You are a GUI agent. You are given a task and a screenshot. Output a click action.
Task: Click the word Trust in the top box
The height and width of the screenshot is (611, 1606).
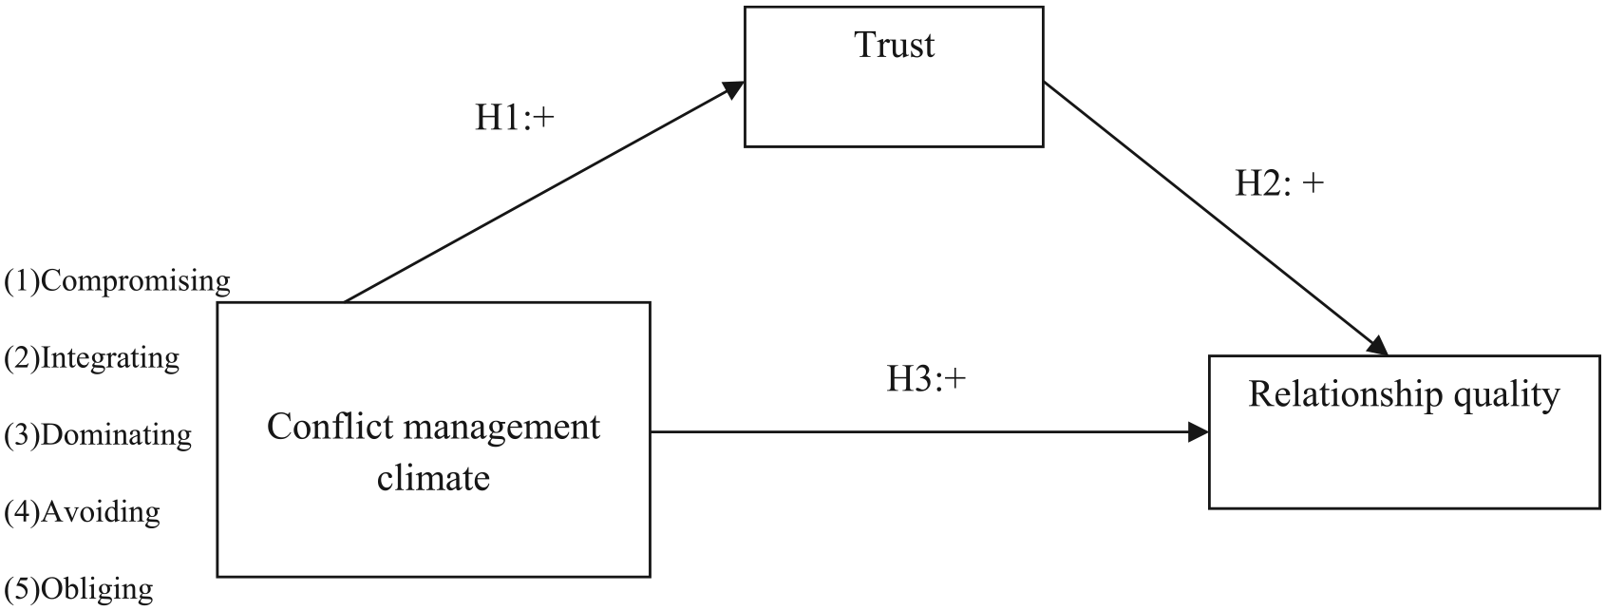(894, 46)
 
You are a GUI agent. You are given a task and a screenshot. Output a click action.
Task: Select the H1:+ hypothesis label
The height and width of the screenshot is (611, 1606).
(515, 118)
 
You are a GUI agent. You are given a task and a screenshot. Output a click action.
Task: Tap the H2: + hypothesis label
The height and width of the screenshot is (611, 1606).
(1279, 183)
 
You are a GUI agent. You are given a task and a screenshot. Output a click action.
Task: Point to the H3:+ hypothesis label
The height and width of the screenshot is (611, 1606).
(926, 379)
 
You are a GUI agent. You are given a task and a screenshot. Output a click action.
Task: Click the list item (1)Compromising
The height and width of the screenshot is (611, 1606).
(117, 281)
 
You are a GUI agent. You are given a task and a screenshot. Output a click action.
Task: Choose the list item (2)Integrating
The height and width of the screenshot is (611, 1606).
(92, 358)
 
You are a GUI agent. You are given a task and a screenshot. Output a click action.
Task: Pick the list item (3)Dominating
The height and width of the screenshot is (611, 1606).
(98, 434)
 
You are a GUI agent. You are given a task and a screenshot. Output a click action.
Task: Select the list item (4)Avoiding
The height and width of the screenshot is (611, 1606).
(82, 512)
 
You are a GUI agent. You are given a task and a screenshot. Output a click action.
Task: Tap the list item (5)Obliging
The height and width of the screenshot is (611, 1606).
(78, 589)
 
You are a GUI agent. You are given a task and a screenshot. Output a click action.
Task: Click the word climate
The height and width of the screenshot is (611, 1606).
(433, 478)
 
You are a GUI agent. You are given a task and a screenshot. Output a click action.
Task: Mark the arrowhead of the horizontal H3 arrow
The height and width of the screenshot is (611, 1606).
(1198, 431)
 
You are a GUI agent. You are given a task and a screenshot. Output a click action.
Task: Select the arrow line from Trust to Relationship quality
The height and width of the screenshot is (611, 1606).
(1216, 219)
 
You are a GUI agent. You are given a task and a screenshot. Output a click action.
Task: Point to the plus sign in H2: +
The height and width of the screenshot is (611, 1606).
(1313, 184)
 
